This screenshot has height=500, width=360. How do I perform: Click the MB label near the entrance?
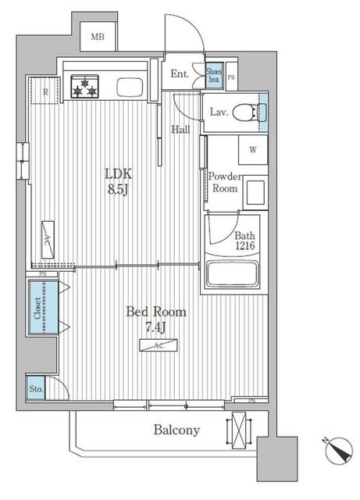(98, 37)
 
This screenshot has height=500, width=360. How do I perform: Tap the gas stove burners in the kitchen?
(84, 87)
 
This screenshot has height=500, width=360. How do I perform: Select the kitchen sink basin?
(130, 87)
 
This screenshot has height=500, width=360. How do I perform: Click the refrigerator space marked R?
(45, 91)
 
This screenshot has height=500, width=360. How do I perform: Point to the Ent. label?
(180, 73)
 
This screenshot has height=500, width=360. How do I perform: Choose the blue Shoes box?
(214, 75)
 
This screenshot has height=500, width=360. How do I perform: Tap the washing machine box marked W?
(253, 149)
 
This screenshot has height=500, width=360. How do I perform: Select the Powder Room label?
(225, 182)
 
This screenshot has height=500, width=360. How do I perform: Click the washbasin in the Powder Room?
(255, 192)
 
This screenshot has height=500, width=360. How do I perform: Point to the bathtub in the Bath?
(232, 274)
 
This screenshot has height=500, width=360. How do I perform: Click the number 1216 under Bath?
(245, 245)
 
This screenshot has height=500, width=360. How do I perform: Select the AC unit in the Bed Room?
(159, 345)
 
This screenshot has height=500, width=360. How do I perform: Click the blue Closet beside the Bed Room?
(44, 307)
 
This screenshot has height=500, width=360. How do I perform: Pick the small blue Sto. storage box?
(36, 387)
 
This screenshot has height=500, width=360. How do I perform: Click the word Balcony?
(176, 430)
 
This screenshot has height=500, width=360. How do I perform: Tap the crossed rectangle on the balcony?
(239, 430)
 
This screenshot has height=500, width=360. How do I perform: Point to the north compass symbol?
(339, 450)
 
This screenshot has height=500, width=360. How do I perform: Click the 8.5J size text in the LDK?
(118, 190)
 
